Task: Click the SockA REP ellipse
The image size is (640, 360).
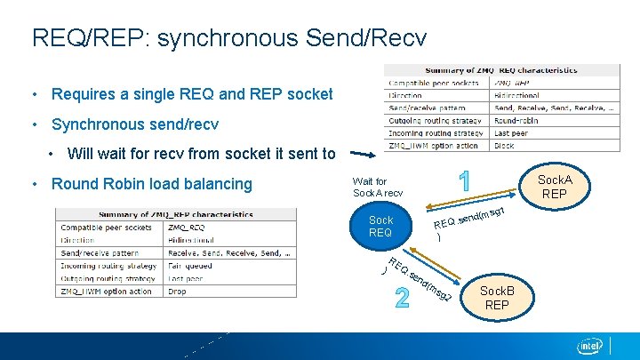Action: click(555, 188)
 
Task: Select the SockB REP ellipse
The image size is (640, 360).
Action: click(497, 298)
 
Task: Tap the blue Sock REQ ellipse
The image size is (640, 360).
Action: click(380, 226)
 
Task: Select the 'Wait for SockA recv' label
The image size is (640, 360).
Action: click(378, 187)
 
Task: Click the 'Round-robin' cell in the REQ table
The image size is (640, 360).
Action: click(516, 120)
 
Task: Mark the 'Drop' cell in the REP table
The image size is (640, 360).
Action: click(177, 292)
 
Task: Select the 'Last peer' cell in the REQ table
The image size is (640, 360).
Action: click(512, 132)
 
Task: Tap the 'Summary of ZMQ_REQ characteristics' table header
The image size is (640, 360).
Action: click(501, 70)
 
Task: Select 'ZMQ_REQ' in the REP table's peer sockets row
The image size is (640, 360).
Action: click(188, 228)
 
